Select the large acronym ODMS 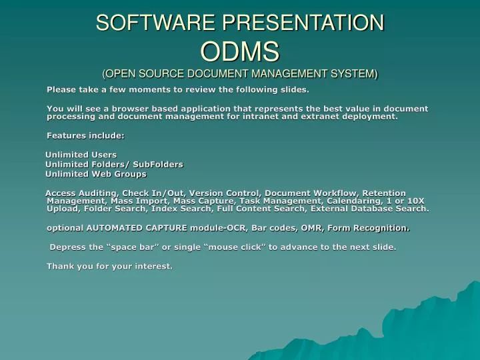(239, 51)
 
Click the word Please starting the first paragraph (61, 89)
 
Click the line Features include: (85, 135)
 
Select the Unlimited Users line (81, 155)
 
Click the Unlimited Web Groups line (95, 174)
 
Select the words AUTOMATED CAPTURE (137, 227)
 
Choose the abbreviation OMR (327, 227)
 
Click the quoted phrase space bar (133, 247)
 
